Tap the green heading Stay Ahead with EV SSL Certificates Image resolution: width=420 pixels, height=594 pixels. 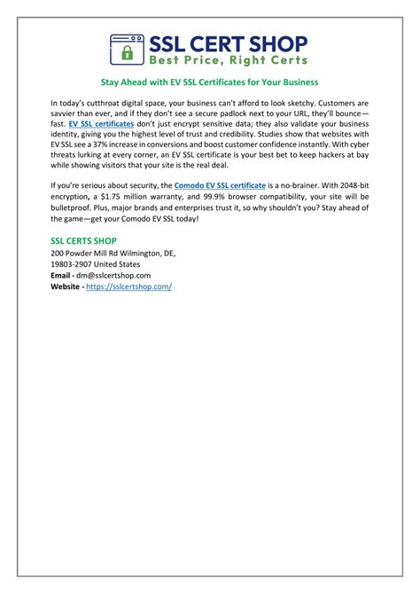click(210, 82)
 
